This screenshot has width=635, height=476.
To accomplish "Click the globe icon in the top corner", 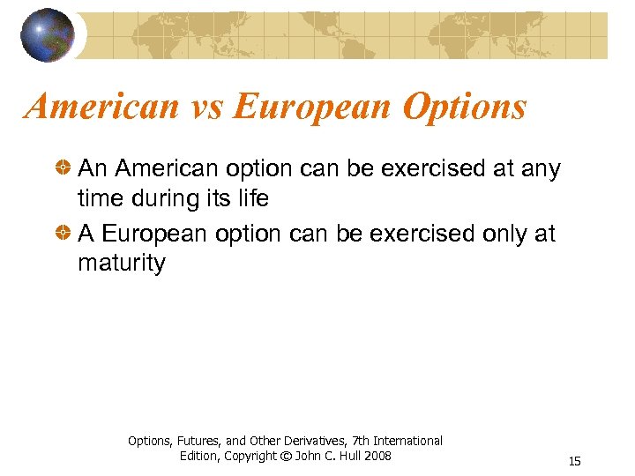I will click(x=48, y=34).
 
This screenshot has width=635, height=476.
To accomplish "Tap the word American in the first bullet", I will click(x=163, y=167).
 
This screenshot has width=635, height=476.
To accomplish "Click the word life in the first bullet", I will click(x=250, y=199).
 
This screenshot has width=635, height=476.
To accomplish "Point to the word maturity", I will click(x=121, y=264).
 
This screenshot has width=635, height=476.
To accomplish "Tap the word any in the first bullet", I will click(x=539, y=169).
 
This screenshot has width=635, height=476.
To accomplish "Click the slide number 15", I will click(x=575, y=461).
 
